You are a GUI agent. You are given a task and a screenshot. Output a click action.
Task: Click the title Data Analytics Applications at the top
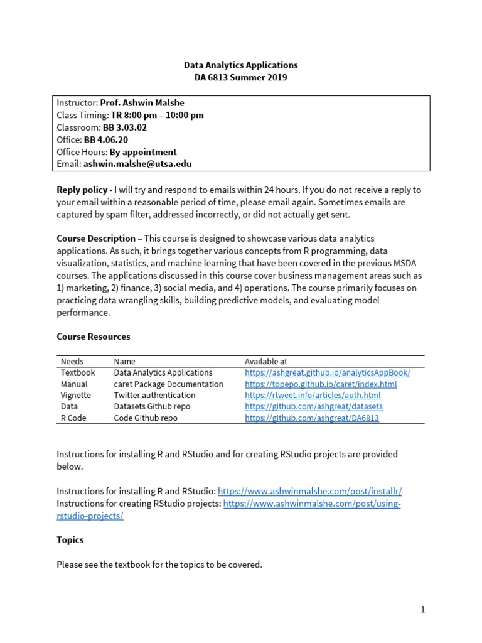point(240,65)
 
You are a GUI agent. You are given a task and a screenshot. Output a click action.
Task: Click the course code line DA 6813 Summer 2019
point(240,77)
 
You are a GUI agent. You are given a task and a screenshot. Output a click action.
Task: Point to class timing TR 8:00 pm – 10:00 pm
point(157,115)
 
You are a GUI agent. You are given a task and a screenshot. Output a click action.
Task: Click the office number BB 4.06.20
point(106,139)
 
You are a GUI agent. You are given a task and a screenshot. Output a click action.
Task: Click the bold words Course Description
point(96,239)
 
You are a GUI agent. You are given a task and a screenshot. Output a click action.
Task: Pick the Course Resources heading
point(94,337)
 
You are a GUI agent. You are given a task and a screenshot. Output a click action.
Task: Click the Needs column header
point(72,362)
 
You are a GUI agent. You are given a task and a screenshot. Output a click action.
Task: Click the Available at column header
point(266,362)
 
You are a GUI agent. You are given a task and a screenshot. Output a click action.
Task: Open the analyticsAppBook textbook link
point(327,373)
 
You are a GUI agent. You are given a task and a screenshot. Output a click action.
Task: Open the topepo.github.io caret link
point(321,384)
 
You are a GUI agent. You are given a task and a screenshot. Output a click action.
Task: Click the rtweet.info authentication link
point(313,396)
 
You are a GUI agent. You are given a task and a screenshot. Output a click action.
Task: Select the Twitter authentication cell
point(154,396)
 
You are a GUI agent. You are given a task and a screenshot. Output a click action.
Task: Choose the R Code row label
point(73,418)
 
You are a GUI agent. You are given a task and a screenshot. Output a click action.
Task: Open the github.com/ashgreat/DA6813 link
point(312,418)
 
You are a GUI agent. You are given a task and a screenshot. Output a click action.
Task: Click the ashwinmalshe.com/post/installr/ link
point(309,491)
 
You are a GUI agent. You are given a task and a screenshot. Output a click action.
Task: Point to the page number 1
point(423,610)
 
